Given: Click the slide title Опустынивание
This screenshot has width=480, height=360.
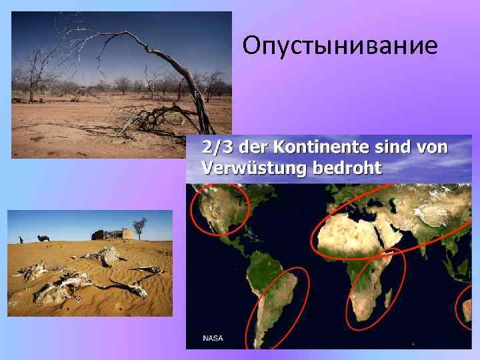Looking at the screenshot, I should pos(340,45).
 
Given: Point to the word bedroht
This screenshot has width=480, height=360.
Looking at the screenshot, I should pos(347,167).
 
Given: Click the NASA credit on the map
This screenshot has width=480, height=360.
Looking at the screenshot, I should pos(214,338).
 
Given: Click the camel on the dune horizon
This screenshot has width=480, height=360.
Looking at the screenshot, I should pos(44,237).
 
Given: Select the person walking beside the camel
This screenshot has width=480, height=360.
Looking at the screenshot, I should pos(21,239).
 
